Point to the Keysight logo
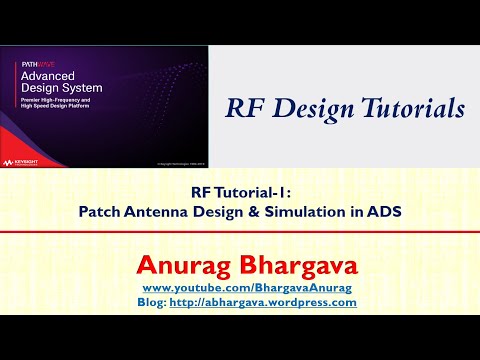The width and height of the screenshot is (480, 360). (26, 160)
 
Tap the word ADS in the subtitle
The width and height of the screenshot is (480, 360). (380, 212)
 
